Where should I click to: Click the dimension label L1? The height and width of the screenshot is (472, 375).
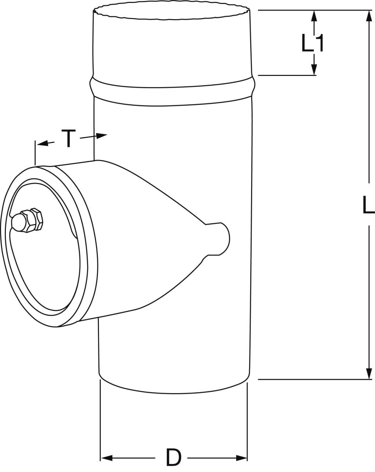[313, 44]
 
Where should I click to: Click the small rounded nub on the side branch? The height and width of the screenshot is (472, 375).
[223, 239]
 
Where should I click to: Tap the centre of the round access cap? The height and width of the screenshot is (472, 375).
[44, 247]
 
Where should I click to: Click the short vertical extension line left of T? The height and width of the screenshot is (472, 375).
[35, 153]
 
